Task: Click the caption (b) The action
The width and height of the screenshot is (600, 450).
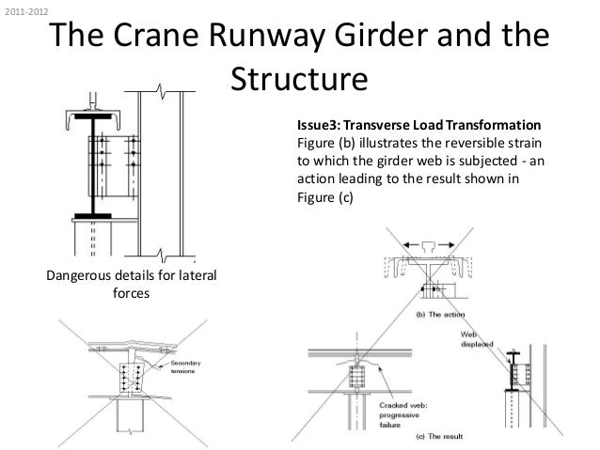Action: click(x=434, y=314)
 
